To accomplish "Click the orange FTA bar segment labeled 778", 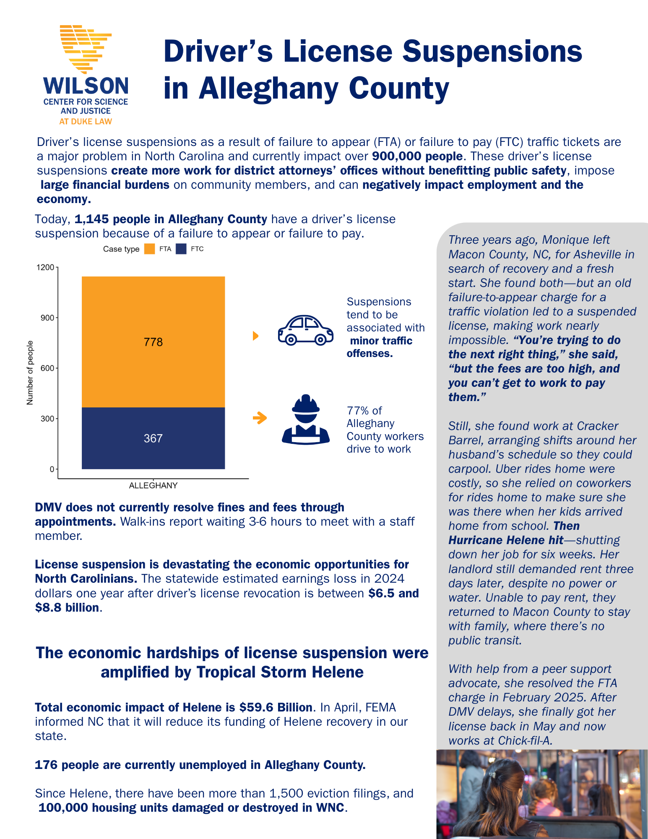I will point(153,341).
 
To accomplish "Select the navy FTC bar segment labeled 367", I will point(153,438).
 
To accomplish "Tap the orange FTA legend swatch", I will point(149,249).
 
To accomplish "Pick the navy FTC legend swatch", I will point(181,249).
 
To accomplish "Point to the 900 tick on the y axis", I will point(47,318).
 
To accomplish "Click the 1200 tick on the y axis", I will point(46,267).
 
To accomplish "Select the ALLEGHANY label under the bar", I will point(153,485).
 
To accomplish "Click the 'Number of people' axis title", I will point(30,373).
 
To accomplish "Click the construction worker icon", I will point(305,419).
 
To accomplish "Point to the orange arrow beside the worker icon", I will point(260,418).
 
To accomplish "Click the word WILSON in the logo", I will point(86,86).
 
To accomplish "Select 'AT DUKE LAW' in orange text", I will point(86,122).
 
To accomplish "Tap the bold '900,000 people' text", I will point(417,156).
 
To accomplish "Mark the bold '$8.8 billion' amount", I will point(67,607).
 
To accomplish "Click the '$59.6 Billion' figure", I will point(276,707).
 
